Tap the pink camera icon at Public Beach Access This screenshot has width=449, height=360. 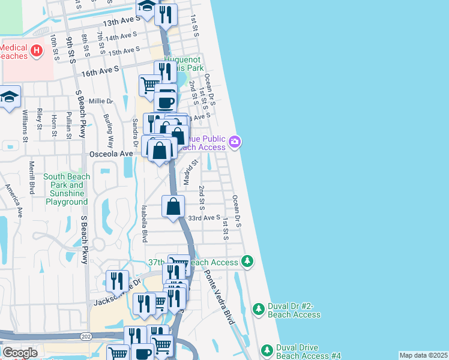(x=235, y=142)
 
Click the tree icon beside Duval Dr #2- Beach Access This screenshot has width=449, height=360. (x=258, y=310)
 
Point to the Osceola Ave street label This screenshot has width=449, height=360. (x=110, y=154)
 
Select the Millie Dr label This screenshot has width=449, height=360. (x=100, y=101)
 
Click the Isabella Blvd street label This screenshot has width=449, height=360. (x=144, y=224)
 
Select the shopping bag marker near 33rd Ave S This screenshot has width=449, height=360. (x=173, y=206)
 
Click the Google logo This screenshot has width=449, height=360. (x=20, y=353)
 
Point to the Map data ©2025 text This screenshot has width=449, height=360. (x=423, y=355)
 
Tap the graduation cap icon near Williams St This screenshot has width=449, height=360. (x=10, y=97)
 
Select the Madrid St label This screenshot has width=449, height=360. (x=191, y=172)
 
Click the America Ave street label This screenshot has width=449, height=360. (x=14, y=200)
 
